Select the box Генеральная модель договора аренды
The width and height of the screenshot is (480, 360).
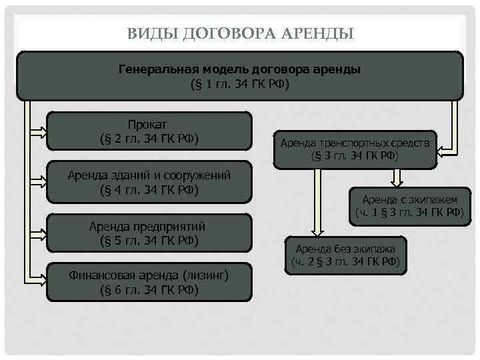[239, 77]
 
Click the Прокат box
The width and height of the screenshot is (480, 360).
[149, 131]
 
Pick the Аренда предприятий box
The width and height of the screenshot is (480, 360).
[149, 233]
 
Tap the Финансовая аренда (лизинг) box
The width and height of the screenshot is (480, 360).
[149, 282]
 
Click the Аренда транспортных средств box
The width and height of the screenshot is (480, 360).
[355, 149]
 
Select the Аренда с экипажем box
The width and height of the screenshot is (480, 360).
[409, 205]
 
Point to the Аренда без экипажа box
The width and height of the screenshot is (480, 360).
[345, 255]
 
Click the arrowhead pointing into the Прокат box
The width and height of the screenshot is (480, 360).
[41, 131]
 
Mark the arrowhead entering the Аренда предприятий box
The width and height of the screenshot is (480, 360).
[41, 233]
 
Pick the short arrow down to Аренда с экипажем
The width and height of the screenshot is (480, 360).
[397, 177]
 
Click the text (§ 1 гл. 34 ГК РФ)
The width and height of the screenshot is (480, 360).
[239, 85]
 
